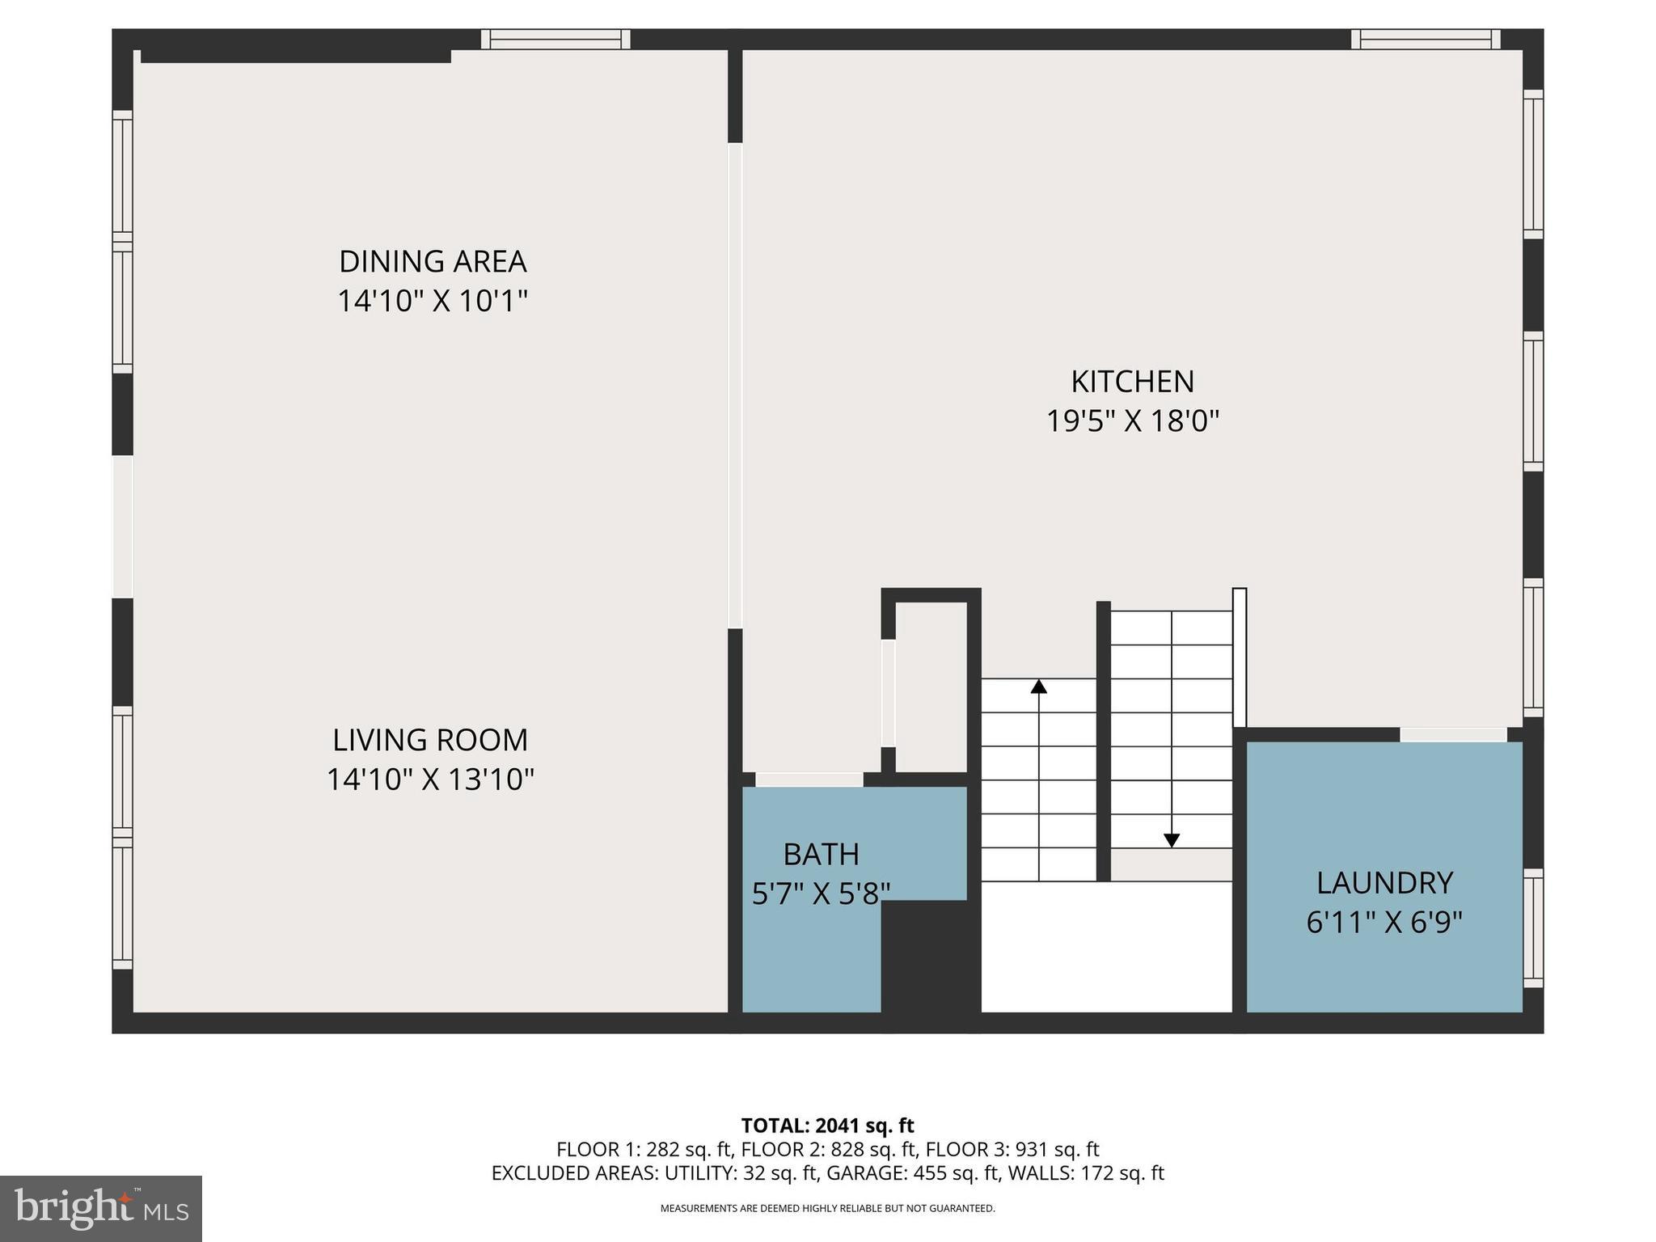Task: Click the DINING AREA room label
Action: point(433,261)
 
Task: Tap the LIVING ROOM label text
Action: point(430,740)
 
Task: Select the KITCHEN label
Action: point(1132,381)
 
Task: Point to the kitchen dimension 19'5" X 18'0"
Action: point(1132,421)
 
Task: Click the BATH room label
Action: point(821,854)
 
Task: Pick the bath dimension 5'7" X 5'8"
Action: point(821,893)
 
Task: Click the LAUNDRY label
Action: point(1384,882)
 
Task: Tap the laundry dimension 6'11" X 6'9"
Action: point(1384,922)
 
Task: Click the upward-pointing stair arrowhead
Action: point(1039,686)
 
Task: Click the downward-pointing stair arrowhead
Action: point(1172,840)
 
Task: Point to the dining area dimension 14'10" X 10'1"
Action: point(433,301)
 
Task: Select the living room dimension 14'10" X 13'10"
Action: point(430,779)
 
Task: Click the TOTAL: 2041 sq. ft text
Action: point(827,1126)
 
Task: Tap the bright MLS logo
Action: point(101,1208)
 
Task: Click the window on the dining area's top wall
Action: point(556,39)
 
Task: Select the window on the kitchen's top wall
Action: point(1426,39)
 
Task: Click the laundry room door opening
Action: point(1453,734)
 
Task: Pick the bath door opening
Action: point(809,779)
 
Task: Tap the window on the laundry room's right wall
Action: point(1533,928)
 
